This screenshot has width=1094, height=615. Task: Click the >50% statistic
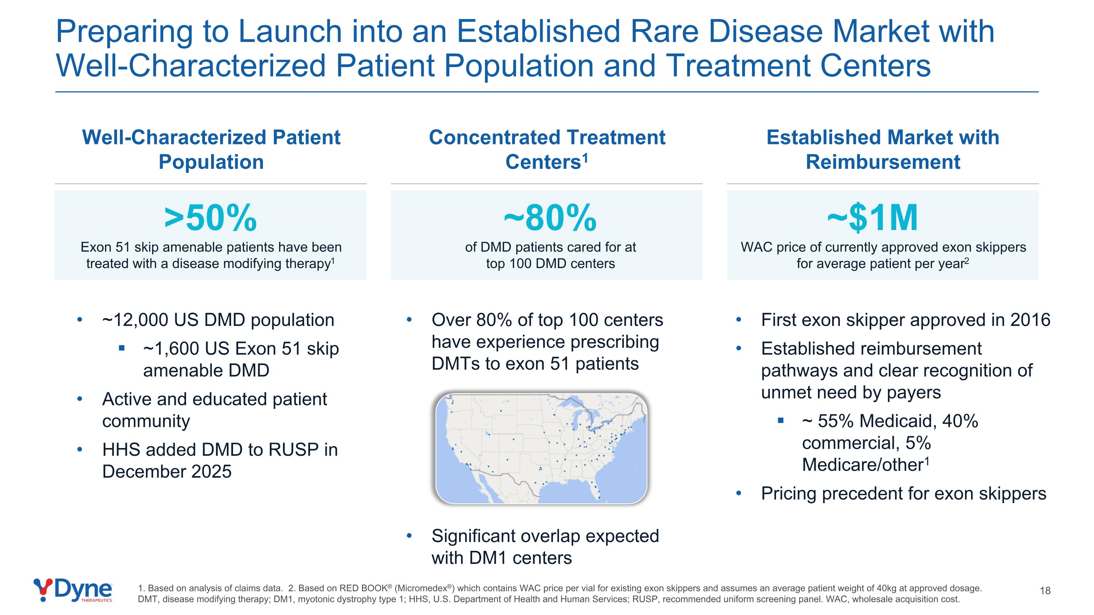tap(211, 218)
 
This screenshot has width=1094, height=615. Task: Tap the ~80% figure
tap(550, 218)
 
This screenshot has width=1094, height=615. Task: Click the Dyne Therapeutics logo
tap(73, 590)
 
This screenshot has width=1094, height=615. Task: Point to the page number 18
tap(1045, 590)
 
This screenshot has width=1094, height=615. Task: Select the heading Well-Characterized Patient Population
tap(211, 149)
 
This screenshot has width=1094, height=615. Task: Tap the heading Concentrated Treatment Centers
tap(547, 149)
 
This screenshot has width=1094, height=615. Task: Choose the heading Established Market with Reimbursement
tap(883, 149)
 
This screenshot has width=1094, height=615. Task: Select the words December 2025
tap(167, 471)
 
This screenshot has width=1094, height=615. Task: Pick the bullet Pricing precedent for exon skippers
tap(903, 494)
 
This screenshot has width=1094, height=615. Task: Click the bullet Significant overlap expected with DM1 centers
tap(545, 547)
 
